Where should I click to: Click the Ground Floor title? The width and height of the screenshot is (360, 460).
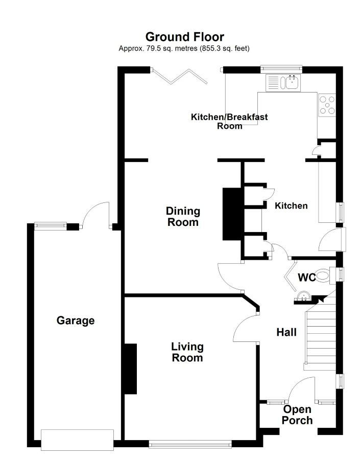point(185,37)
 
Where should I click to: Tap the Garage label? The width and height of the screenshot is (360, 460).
point(76,320)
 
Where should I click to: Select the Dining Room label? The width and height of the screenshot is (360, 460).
point(183,217)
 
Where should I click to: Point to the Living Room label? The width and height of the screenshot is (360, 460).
point(187,352)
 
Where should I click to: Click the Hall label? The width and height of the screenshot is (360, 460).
point(286,332)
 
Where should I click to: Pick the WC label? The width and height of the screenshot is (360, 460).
point(307,277)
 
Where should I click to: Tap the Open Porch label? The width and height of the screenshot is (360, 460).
point(297,415)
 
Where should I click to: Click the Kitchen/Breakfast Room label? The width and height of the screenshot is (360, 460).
point(229,121)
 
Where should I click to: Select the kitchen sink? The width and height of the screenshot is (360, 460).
point(283,83)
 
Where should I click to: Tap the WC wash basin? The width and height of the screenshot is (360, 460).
point(302,296)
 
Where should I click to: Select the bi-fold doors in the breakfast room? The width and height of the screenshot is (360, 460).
point(180,76)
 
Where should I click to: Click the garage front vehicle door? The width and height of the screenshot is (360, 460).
point(77,440)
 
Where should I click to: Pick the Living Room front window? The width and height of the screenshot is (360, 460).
point(190,445)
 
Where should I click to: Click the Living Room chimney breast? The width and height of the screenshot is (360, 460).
point(131,369)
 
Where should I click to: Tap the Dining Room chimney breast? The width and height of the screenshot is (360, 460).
point(232,214)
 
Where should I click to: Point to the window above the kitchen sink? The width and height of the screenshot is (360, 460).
point(281,68)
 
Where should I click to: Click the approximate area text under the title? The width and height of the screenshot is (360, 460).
point(184,49)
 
